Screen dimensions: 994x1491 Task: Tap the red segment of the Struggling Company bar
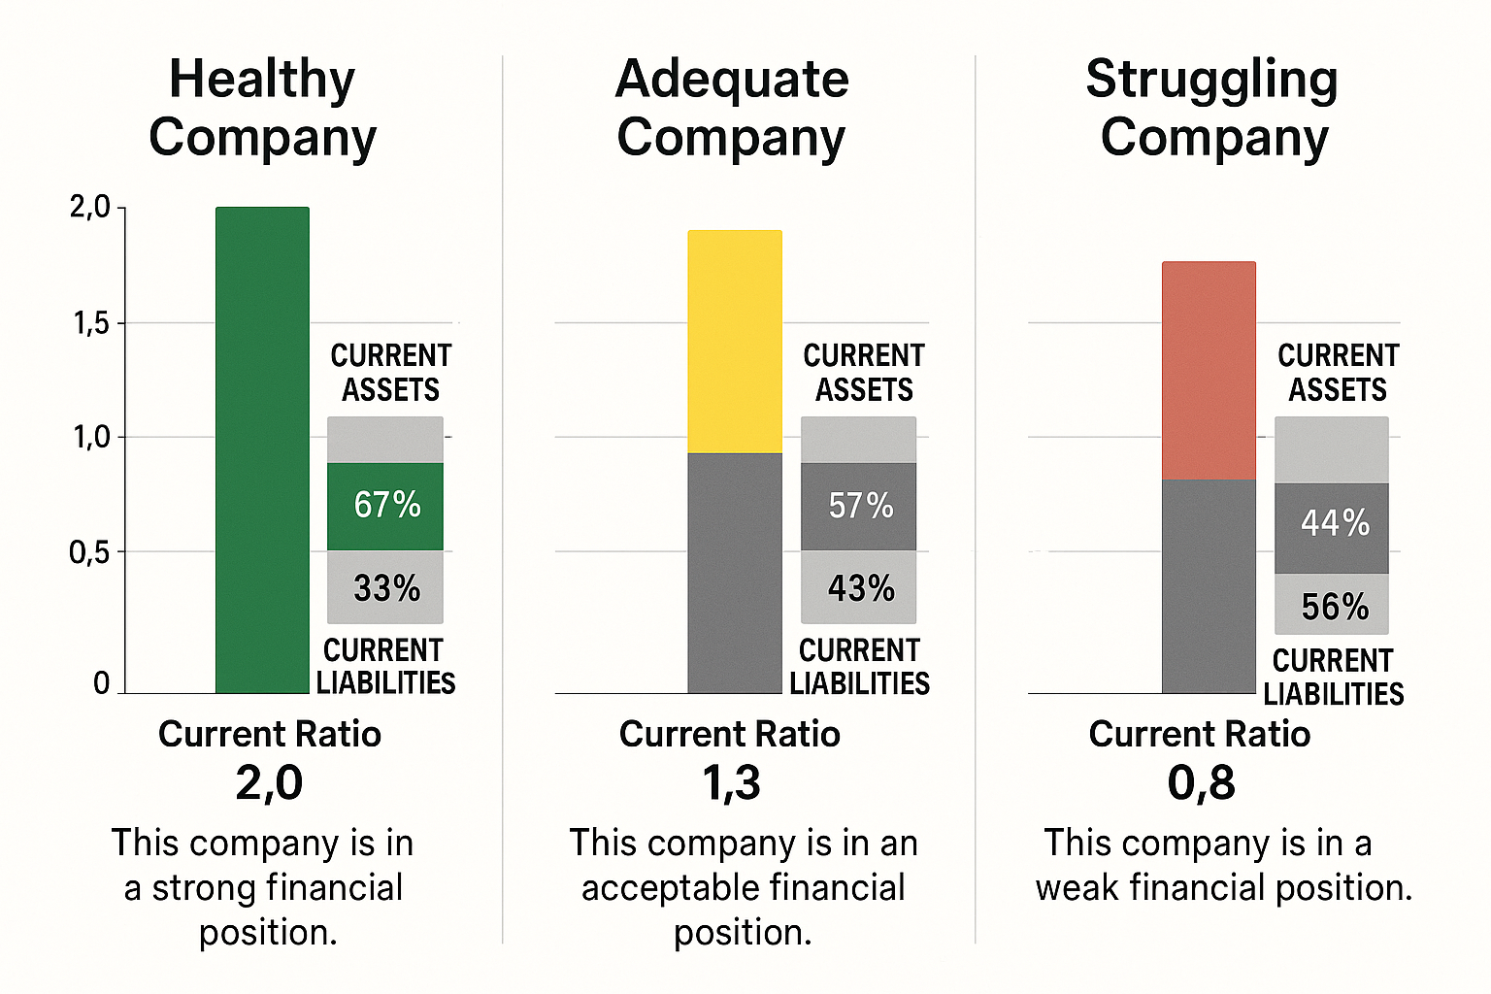click(x=1209, y=370)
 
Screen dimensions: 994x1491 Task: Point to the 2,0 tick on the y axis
click(x=90, y=207)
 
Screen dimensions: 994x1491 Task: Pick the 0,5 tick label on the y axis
click(x=90, y=553)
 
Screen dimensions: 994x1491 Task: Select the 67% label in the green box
click(x=386, y=505)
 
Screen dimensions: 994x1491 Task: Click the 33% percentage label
click(x=386, y=588)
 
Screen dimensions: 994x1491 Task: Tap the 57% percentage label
click(x=860, y=506)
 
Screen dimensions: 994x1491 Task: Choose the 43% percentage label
click(x=860, y=588)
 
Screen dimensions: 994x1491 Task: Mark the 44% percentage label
click(x=1335, y=524)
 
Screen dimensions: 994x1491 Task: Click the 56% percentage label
click(x=1335, y=608)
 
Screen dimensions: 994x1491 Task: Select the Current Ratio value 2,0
click(x=269, y=783)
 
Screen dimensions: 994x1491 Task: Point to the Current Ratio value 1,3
click(x=731, y=783)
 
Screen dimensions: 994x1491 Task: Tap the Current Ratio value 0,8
click(x=1201, y=783)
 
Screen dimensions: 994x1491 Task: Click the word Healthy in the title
click(x=262, y=79)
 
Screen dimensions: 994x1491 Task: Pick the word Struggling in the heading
click(x=1211, y=81)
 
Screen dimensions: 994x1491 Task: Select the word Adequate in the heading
click(x=732, y=80)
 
